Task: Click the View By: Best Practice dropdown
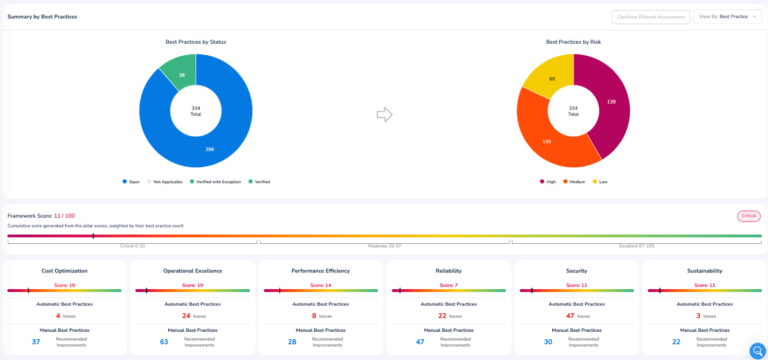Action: click(x=727, y=17)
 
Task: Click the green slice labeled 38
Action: click(x=182, y=74)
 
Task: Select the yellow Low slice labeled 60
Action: click(x=551, y=78)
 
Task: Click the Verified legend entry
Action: click(x=260, y=181)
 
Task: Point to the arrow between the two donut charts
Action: click(x=384, y=115)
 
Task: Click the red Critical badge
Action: click(x=748, y=215)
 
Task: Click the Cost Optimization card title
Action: click(x=65, y=271)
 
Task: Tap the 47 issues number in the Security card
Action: click(x=570, y=315)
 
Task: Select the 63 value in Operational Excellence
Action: click(x=165, y=342)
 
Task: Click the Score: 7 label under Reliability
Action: click(x=449, y=285)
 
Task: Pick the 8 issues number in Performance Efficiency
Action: click(x=315, y=315)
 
